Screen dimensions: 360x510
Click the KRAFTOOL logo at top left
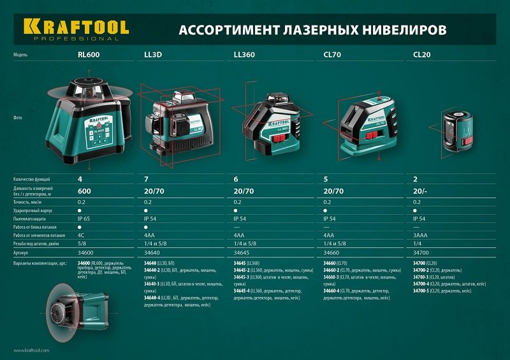[76, 29]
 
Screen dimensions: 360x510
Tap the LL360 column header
[244, 55]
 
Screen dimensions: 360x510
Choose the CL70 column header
[332, 55]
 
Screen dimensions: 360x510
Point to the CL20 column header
[421, 55]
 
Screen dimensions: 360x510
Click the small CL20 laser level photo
[457, 131]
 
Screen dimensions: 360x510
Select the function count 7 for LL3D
[146, 180]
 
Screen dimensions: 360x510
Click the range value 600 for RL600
[85, 191]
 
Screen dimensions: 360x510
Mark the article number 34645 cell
[243, 253]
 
